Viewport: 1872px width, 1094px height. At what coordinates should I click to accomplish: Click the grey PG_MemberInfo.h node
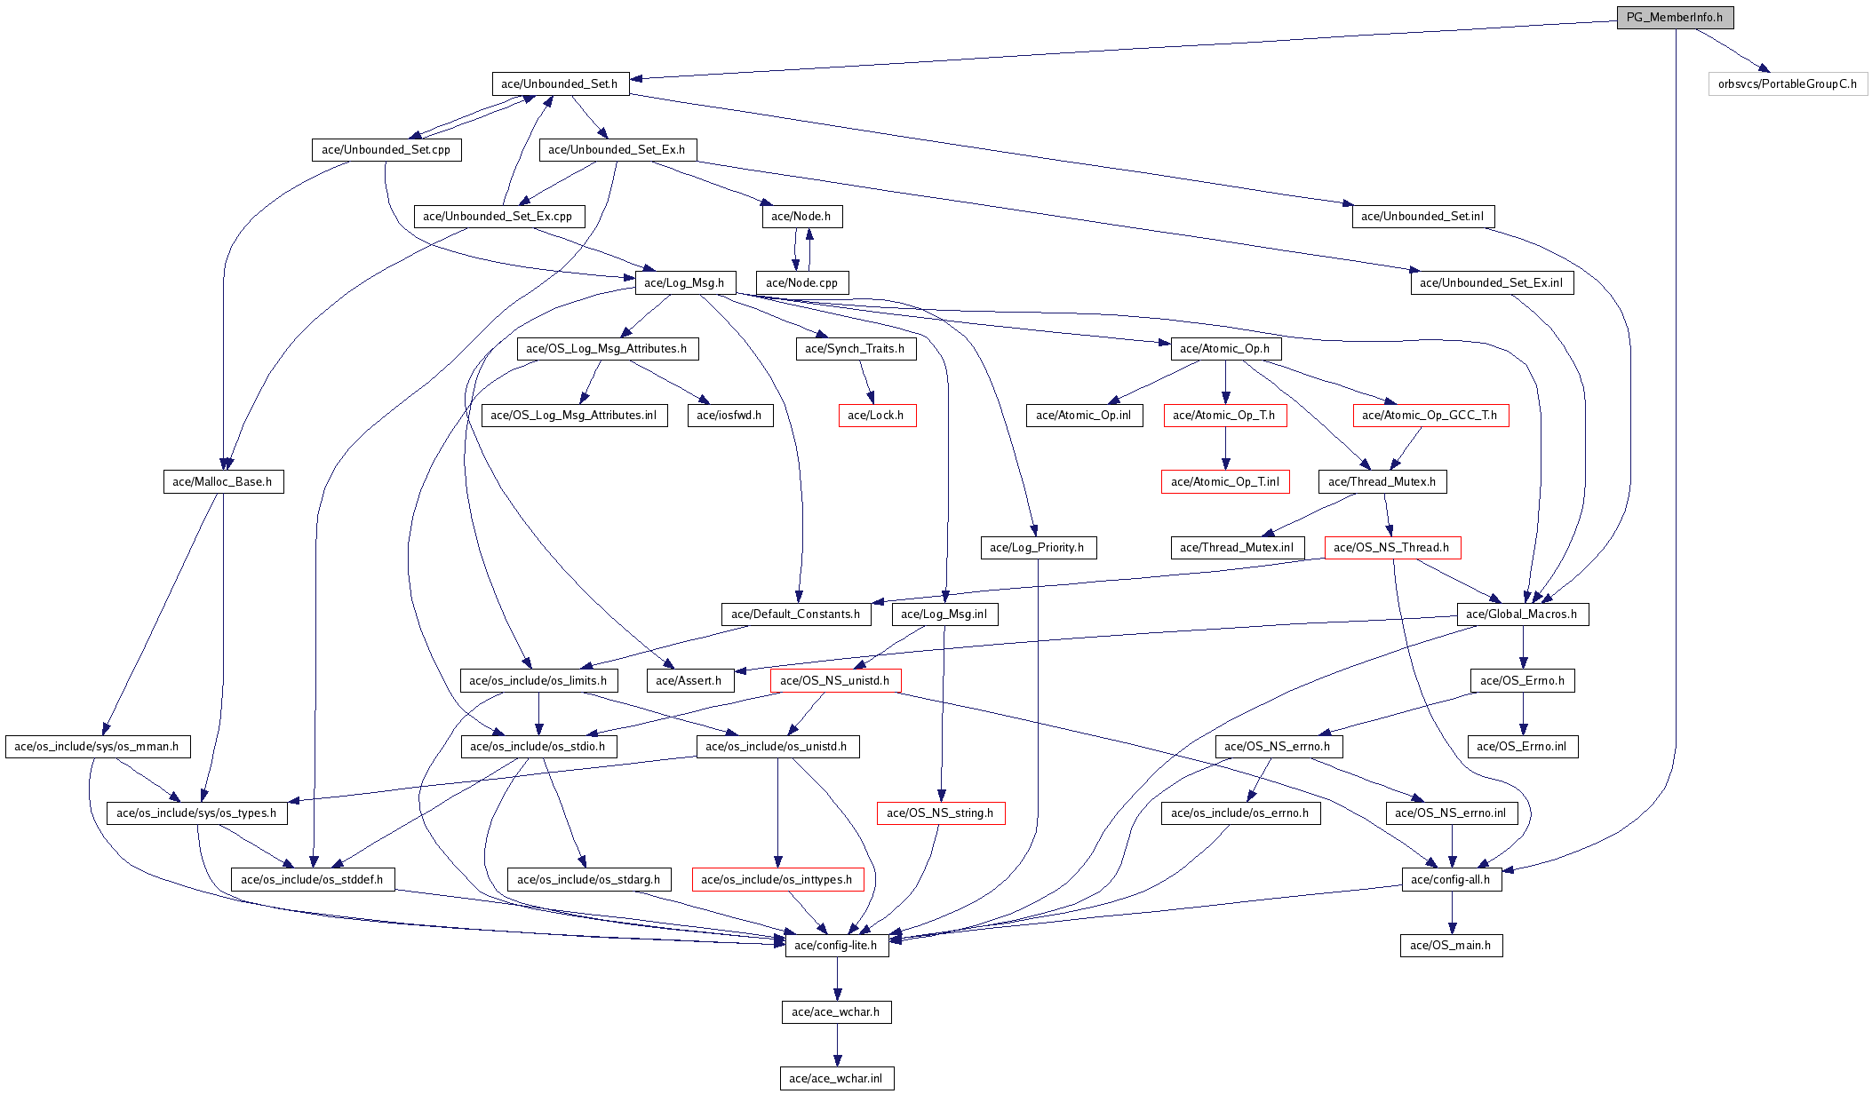pos(1674,18)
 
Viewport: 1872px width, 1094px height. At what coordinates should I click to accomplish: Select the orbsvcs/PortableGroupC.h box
pos(1787,84)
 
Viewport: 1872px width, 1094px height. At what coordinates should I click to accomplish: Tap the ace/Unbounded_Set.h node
pos(560,84)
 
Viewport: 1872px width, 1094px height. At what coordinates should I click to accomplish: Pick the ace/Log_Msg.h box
pos(684,283)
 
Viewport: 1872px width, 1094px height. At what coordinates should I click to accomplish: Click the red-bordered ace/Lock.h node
pos(876,416)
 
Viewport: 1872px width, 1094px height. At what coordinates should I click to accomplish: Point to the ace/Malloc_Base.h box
pos(223,482)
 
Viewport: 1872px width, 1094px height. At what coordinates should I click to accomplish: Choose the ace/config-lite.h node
pos(836,946)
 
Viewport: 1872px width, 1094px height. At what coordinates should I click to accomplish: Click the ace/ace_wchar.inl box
pos(836,1079)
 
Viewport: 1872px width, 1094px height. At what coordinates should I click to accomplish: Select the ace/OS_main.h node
pos(1451,946)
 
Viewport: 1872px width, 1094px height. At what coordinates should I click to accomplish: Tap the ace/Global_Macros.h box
pos(1522,614)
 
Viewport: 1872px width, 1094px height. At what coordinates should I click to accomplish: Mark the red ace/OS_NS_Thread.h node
pos(1391,548)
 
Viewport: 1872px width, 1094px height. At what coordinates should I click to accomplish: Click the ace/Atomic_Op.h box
pos(1225,349)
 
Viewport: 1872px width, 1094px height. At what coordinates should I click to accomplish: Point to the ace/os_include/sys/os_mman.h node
pos(97,747)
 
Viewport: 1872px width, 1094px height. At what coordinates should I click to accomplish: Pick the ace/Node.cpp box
pos(802,283)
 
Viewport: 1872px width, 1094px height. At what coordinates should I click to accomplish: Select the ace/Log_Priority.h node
pos(1037,548)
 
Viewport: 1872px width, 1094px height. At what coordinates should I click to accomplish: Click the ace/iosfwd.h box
pos(729,416)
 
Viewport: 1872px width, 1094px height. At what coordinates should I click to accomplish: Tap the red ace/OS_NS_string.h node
pos(940,813)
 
